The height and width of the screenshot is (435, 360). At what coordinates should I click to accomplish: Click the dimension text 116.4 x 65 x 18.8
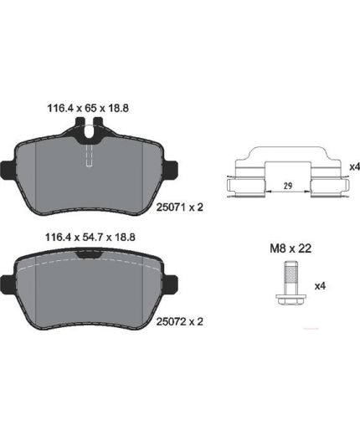[x=88, y=108]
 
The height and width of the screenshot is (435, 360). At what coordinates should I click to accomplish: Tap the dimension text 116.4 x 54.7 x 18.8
[x=90, y=238]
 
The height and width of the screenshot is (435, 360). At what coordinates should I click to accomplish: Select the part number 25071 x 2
[x=180, y=207]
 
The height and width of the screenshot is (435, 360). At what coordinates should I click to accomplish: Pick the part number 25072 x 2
[x=180, y=321]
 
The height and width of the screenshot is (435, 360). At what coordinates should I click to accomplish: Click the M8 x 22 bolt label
[x=291, y=248]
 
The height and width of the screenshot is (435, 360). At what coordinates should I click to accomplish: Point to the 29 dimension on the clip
[x=288, y=186]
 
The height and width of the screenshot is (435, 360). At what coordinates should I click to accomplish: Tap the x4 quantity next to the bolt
[x=320, y=286]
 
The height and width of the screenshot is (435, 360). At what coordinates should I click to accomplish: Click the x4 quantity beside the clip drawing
[x=355, y=167]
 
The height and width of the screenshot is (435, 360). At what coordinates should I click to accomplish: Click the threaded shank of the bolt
[x=291, y=274]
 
